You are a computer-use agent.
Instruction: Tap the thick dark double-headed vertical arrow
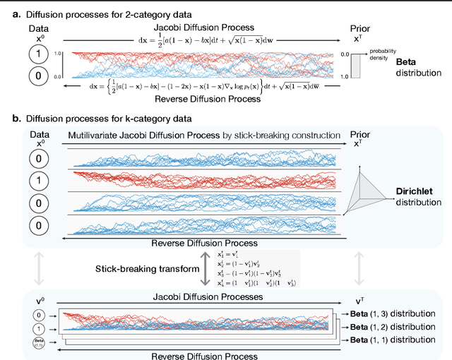[205, 268]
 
